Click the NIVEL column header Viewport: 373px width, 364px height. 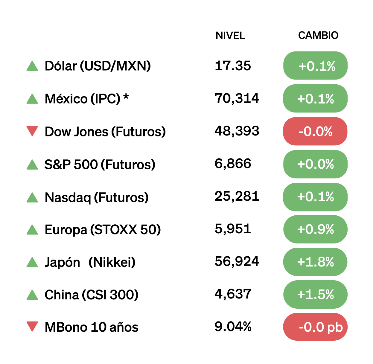click(x=230, y=36)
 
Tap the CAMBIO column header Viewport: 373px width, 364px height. click(x=318, y=35)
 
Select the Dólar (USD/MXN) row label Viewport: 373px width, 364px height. click(x=98, y=66)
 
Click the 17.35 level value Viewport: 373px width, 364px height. click(x=233, y=66)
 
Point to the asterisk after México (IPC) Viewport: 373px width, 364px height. click(x=126, y=97)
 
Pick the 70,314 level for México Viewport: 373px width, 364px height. click(x=237, y=98)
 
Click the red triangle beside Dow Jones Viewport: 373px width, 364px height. click(x=32, y=131)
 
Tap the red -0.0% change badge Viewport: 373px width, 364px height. click(x=315, y=131)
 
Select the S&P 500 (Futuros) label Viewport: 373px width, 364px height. click(x=100, y=165)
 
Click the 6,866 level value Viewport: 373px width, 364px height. click(x=233, y=164)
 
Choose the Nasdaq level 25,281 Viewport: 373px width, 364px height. click(x=237, y=196)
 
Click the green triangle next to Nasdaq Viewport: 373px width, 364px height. click(x=32, y=197)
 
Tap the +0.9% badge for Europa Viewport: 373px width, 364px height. click(x=315, y=229)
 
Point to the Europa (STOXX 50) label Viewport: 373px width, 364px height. click(x=103, y=230)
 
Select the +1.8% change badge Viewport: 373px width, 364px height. click(x=315, y=262)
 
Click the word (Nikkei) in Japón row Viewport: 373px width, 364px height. click(x=112, y=262)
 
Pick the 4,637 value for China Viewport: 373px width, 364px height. click(x=233, y=294)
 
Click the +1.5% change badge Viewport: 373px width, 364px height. click(x=315, y=295)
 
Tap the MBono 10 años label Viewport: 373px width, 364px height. click(x=91, y=327)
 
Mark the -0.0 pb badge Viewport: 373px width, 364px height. click(x=315, y=327)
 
